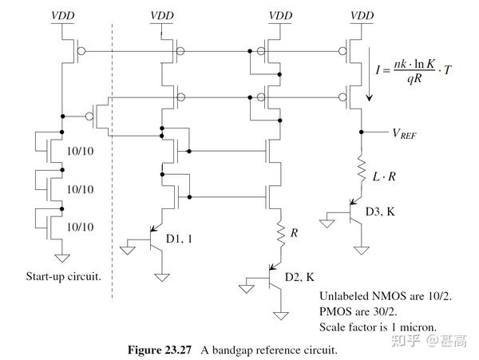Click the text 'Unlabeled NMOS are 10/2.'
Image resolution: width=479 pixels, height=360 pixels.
coord(385,295)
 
